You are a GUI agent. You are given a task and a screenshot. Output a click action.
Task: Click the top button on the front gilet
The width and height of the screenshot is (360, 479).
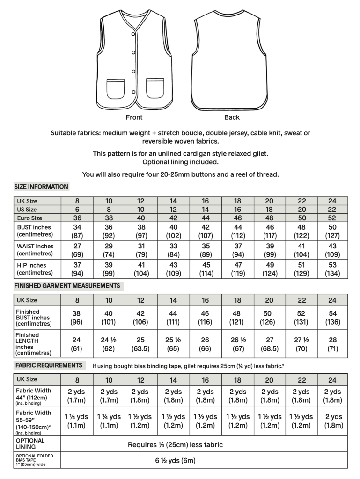(133, 32)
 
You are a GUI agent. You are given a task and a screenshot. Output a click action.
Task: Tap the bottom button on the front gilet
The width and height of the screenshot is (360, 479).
(134, 91)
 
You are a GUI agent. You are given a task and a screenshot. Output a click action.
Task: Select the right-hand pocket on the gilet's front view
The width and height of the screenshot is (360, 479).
(155, 88)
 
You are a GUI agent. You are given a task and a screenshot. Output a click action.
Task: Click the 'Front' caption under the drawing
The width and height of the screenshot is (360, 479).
(134, 117)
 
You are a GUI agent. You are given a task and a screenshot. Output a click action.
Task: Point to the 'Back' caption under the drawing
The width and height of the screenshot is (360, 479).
(231, 117)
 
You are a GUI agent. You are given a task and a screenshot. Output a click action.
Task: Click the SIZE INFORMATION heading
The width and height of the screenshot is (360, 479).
(41, 187)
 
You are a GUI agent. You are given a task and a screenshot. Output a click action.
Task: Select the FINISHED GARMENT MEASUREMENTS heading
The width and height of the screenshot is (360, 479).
(67, 286)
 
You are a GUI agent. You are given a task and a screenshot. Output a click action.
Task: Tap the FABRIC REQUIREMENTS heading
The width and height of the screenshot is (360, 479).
(49, 365)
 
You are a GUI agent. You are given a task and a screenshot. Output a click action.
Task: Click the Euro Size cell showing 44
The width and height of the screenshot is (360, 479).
(205, 218)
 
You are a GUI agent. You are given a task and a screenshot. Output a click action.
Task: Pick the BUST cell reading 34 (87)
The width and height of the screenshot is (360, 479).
(77, 231)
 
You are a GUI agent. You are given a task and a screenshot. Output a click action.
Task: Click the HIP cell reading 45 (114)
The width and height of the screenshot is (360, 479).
(205, 269)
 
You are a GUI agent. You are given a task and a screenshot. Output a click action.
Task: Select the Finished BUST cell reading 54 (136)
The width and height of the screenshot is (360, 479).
(332, 318)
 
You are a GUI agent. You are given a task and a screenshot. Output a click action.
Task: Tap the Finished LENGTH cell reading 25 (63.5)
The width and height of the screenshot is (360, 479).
(141, 344)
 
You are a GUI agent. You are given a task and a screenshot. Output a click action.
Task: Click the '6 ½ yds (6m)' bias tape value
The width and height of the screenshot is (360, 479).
(176, 460)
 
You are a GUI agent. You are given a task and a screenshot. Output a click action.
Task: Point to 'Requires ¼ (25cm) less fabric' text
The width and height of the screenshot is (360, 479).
(176, 445)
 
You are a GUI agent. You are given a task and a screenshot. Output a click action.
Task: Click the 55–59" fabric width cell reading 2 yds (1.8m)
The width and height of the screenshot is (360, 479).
(332, 421)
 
